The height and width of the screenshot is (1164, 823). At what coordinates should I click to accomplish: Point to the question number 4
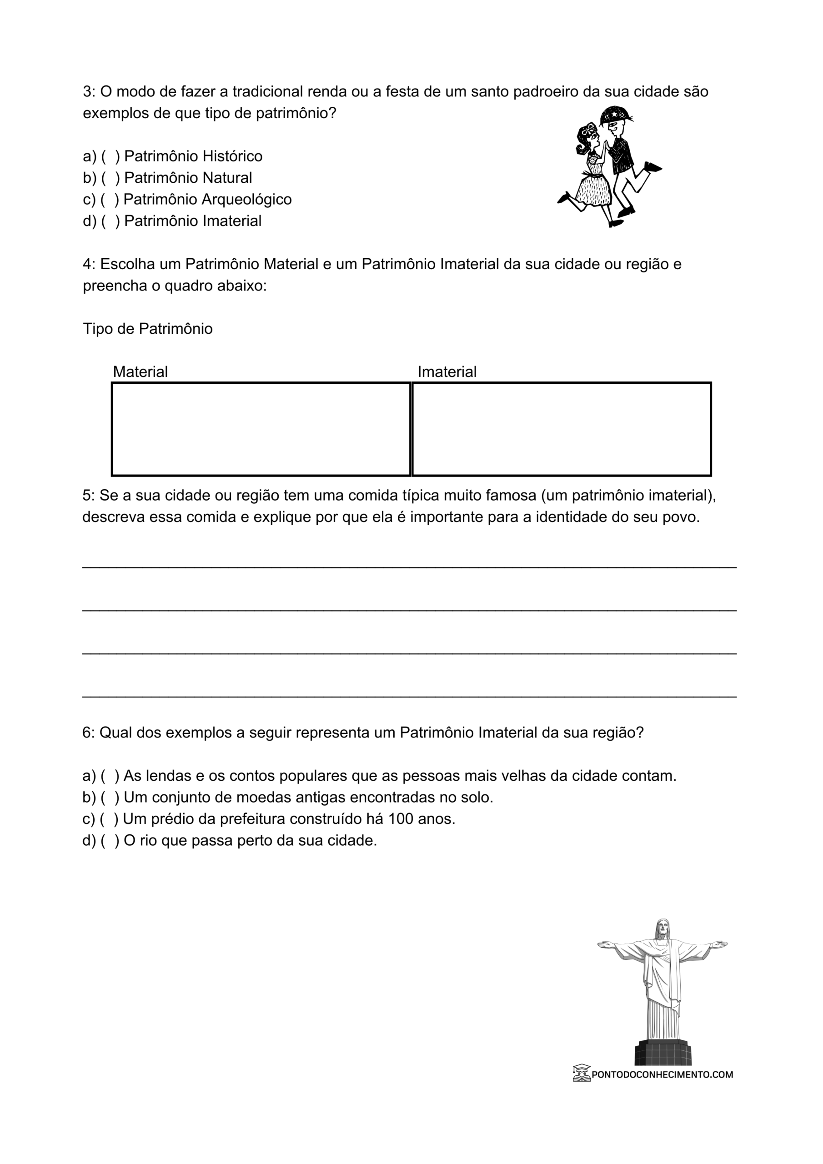point(89,265)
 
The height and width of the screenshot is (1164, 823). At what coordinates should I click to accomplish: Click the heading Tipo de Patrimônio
point(148,329)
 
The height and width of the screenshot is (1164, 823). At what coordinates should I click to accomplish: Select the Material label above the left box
point(140,372)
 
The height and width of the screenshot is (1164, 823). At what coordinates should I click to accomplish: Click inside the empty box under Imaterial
point(562,429)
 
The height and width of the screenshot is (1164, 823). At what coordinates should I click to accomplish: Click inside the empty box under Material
point(261,429)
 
